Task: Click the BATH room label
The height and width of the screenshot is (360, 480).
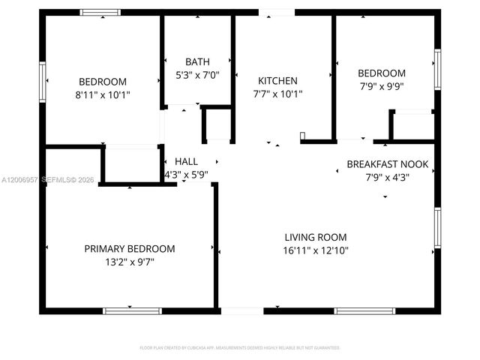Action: [198, 61]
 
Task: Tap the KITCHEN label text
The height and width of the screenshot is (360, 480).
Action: [277, 81]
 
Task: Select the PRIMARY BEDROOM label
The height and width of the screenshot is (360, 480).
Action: [130, 248]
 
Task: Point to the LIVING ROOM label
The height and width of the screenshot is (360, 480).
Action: [315, 236]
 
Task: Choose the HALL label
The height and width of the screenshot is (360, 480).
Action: [186, 161]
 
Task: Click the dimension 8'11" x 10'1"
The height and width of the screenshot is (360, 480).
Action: [103, 95]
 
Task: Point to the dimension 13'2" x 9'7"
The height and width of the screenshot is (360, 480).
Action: [130, 262]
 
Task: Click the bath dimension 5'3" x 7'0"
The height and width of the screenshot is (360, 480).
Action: [198, 75]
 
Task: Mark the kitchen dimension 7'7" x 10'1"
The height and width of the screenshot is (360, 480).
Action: [277, 94]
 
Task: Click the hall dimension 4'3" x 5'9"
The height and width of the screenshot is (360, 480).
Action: [186, 174]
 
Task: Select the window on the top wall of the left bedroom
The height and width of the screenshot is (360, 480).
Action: [100, 12]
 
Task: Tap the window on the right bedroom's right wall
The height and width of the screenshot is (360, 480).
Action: [436, 70]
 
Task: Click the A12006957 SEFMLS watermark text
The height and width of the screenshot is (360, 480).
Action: [45, 181]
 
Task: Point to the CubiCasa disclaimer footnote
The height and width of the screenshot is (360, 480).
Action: [240, 348]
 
